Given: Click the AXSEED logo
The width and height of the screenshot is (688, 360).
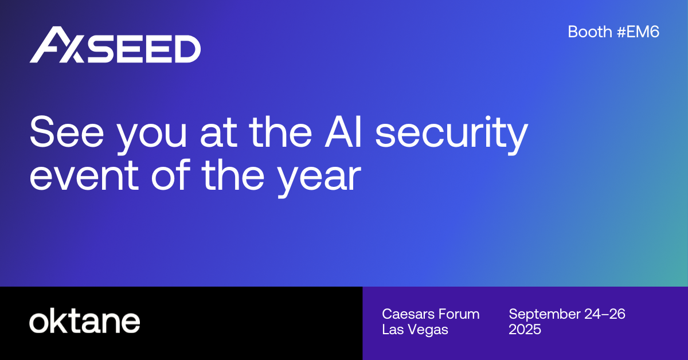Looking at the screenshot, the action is pyautogui.click(x=115, y=45).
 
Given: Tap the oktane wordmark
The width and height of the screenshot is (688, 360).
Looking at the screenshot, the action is pyautogui.click(x=85, y=320).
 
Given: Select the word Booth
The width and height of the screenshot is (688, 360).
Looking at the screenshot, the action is pyautogui.click(x=590, y=32).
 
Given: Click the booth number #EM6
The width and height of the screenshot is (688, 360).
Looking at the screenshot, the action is pyautogui.click(x=638, y=32).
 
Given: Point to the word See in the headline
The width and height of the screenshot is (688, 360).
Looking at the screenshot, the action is pyautogui.click(x=67, y=131).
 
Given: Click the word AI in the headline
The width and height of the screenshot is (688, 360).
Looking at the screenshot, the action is pyautogui.click(x=343, y=131).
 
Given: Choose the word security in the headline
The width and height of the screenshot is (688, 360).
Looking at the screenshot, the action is pyautogui.click(x=452, y=135).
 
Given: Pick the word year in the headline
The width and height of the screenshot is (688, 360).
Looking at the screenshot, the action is pyautogui.click(x=319, y=179).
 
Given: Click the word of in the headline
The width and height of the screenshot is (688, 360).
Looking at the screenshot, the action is pyautogui.click(x=170, y=174).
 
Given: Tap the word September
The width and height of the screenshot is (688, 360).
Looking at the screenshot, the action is pyautogui.click(x=544, y=315).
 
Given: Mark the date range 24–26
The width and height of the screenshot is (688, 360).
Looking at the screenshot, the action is pyautogui.click(x=605, y=314).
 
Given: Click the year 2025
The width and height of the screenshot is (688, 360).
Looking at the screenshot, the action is pyautogui.click(x=525, y=329).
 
